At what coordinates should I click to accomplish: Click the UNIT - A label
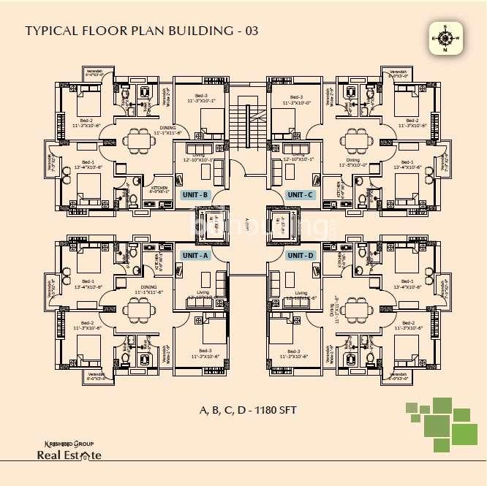tap(195, 255)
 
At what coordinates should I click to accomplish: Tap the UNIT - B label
tap(195, 194)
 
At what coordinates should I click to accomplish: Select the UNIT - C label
tap(300, 194)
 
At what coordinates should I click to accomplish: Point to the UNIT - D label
tap(300, 255)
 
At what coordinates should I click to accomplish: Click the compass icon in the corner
tap(445, 38)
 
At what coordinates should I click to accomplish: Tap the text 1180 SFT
tap(273, 411)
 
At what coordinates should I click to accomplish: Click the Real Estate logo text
tap(69, 455)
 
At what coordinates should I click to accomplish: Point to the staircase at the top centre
tap(243, 124)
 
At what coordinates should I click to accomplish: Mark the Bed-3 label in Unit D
tap(294, 351)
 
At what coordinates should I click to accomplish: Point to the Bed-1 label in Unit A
tap(88, 281)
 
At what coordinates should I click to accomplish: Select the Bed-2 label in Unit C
tap(412, 120)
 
